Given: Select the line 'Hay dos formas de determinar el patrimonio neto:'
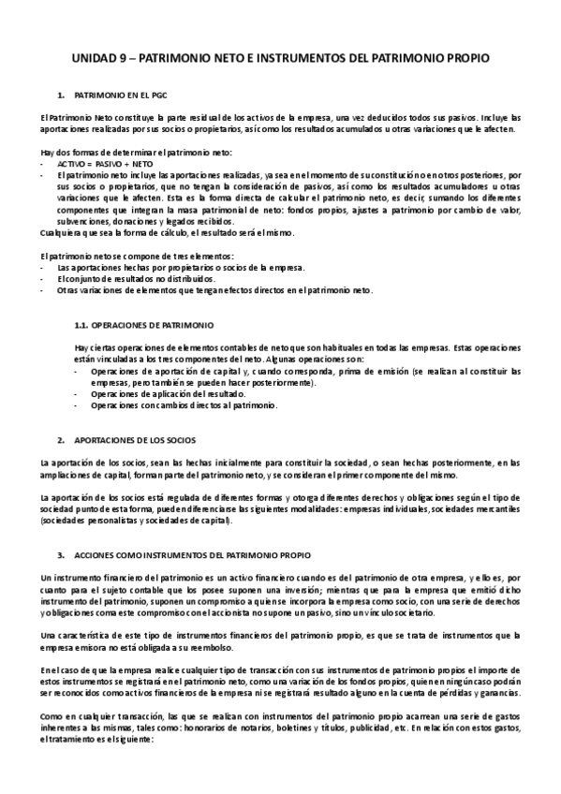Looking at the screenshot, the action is (137, 152).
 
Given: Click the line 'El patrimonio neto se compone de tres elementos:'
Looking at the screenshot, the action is (138, 257).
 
